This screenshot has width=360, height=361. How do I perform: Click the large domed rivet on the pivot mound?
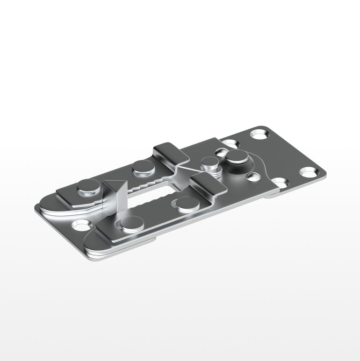(238, 156)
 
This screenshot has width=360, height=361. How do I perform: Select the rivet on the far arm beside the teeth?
(143, 166)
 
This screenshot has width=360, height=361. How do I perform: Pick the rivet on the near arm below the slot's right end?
(187, 204)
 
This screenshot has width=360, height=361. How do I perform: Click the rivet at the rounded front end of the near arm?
(132, 224)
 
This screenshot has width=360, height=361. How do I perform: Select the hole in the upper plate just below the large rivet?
(253, 177)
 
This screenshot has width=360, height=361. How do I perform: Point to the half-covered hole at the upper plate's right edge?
(279, 182)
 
